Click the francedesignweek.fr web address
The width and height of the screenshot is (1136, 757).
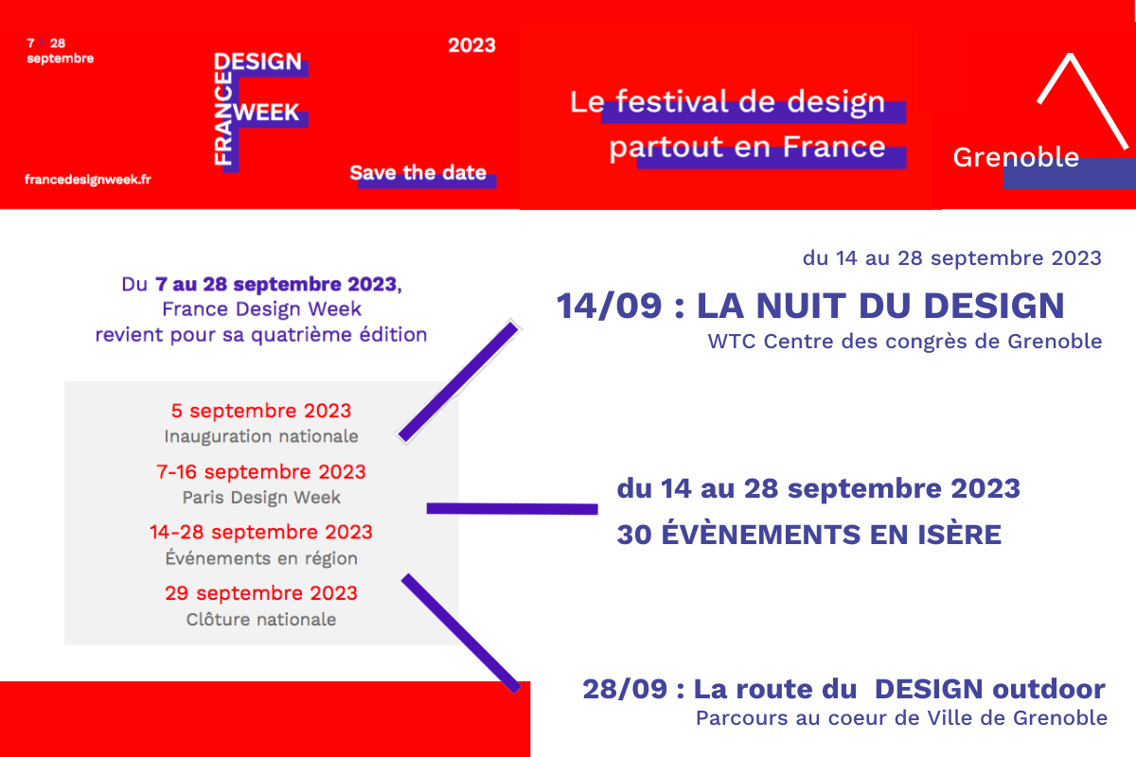point(88,180)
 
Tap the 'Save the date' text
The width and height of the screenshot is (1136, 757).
point(417,172)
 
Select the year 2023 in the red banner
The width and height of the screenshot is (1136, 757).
point(471,45)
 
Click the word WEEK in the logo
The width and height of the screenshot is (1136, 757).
point(266,112)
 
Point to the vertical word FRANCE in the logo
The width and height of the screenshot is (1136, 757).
point(223,118)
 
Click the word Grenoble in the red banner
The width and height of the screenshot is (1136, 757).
point(1016,157)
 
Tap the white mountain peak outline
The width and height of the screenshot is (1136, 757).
point(1083,101)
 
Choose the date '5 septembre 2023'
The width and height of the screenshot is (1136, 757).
point(261,411)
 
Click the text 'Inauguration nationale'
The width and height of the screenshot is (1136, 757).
point(261,436)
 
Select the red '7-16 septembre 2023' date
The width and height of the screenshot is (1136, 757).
point(261,471)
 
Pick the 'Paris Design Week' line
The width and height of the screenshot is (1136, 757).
point(261,498)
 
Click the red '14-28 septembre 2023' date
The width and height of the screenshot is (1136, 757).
point(261,532)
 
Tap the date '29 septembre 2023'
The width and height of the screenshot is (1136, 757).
point(261,592)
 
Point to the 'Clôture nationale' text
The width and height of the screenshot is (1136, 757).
point(261,619)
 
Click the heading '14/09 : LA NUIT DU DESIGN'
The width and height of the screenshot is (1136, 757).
point(810,306)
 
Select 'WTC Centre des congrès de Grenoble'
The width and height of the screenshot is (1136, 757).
point(905,342)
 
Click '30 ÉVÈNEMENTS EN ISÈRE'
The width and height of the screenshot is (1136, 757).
point(809,535)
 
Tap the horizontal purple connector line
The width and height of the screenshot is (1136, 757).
point(512,508)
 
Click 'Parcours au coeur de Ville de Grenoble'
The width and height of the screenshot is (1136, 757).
point(901,718)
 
